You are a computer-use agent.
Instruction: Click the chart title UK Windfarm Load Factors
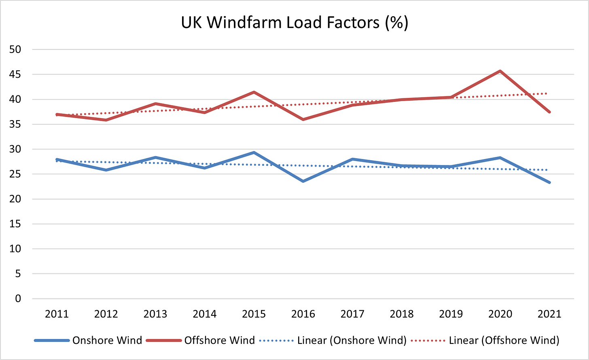click(x=294, y=23)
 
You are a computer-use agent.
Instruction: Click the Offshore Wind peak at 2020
click(x=500, y=71)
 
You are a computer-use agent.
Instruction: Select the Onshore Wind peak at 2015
click(x=254, y=152)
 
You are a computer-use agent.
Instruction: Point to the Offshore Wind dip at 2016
click(x=303, y=119)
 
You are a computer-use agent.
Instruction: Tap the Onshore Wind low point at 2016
click(x=303, y=181)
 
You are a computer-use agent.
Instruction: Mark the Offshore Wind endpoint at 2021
click(x=549, y=112)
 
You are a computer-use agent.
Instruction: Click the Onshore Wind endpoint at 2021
click(x=549, y=182)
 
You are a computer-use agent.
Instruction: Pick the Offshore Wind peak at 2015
click(x=254, y=92)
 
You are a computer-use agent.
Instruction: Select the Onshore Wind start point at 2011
click(x=57, y=159)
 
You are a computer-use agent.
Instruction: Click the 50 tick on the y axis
click(x=15, y=50)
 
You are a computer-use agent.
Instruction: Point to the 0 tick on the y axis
click(x=18, y=299)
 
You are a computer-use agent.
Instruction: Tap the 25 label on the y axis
click(x=15, y=174)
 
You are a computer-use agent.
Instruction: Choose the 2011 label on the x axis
click(x=57, y=314)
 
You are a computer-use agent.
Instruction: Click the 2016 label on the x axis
click(x=303, y=314)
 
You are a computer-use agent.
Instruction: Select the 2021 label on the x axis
click(x=549, y=314)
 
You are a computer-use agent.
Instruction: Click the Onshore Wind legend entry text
click(x=107, y=340)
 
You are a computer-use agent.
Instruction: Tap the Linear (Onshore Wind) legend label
click(x=352, y=340)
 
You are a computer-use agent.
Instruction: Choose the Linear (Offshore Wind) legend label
click(x=504, y=340)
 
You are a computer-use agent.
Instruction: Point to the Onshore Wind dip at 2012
click(x=106, y=170)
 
